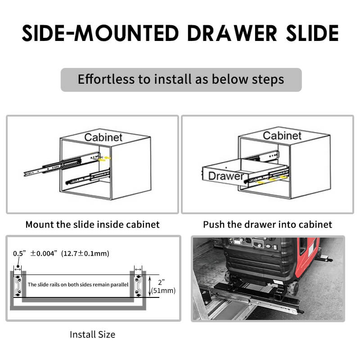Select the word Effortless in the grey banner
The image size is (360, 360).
pos(106,80)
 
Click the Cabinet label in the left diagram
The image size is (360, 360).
pos(103,137)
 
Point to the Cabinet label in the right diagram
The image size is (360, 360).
pos(282,135)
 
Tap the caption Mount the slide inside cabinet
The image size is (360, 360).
pos(92,224)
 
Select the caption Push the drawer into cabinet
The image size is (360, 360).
pos(267,224)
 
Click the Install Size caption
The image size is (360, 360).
pos(92,334)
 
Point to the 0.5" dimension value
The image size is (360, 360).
pos(19,253)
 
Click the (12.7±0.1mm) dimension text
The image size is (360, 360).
pos(85,253)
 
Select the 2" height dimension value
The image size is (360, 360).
pos(162,282)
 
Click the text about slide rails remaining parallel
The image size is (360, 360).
pos(78,285)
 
